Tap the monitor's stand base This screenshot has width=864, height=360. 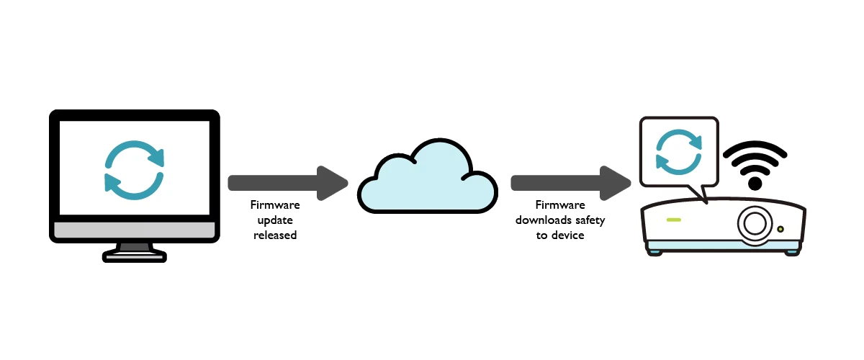coord(134,254)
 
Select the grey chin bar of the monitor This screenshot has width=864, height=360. coord(134,230)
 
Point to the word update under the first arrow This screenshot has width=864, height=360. coord(275,220)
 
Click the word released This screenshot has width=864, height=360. coord(275,235)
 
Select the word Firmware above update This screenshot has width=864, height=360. coord(275,205)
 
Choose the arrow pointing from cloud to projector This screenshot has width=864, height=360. coord(569,182)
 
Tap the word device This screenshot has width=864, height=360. coord(570,235)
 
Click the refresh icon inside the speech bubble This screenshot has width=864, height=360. coord(678,153)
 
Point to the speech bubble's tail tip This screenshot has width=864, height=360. coord(706,202)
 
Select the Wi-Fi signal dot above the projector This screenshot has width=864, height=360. coord(755,185)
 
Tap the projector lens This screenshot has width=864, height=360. coord(754,223)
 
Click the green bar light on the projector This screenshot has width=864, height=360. coord(674,220)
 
